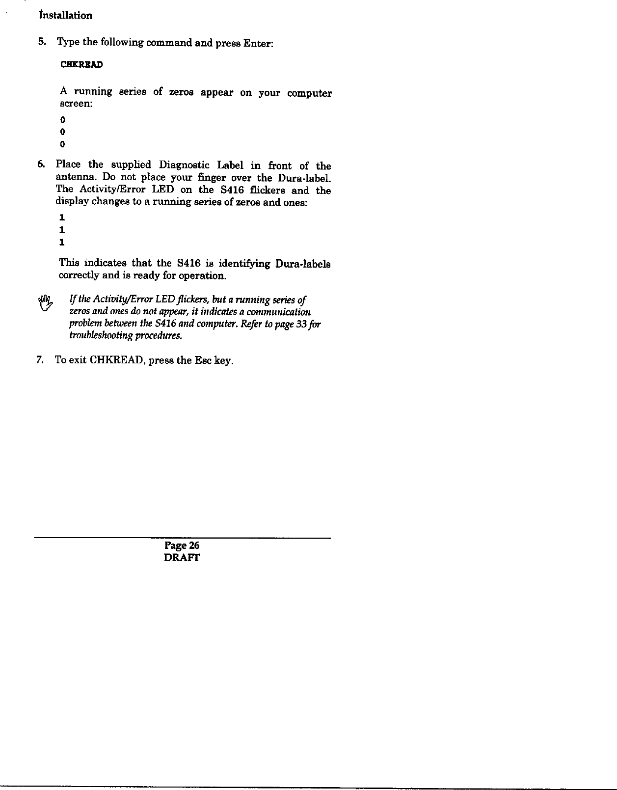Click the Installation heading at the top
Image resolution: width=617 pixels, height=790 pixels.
click(x=65, y=15)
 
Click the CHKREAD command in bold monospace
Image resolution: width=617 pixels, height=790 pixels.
click(x=81, y=65)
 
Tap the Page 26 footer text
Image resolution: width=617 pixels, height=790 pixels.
click(x=182, y=545)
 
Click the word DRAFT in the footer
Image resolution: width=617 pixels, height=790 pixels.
click(x=182, y=558)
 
